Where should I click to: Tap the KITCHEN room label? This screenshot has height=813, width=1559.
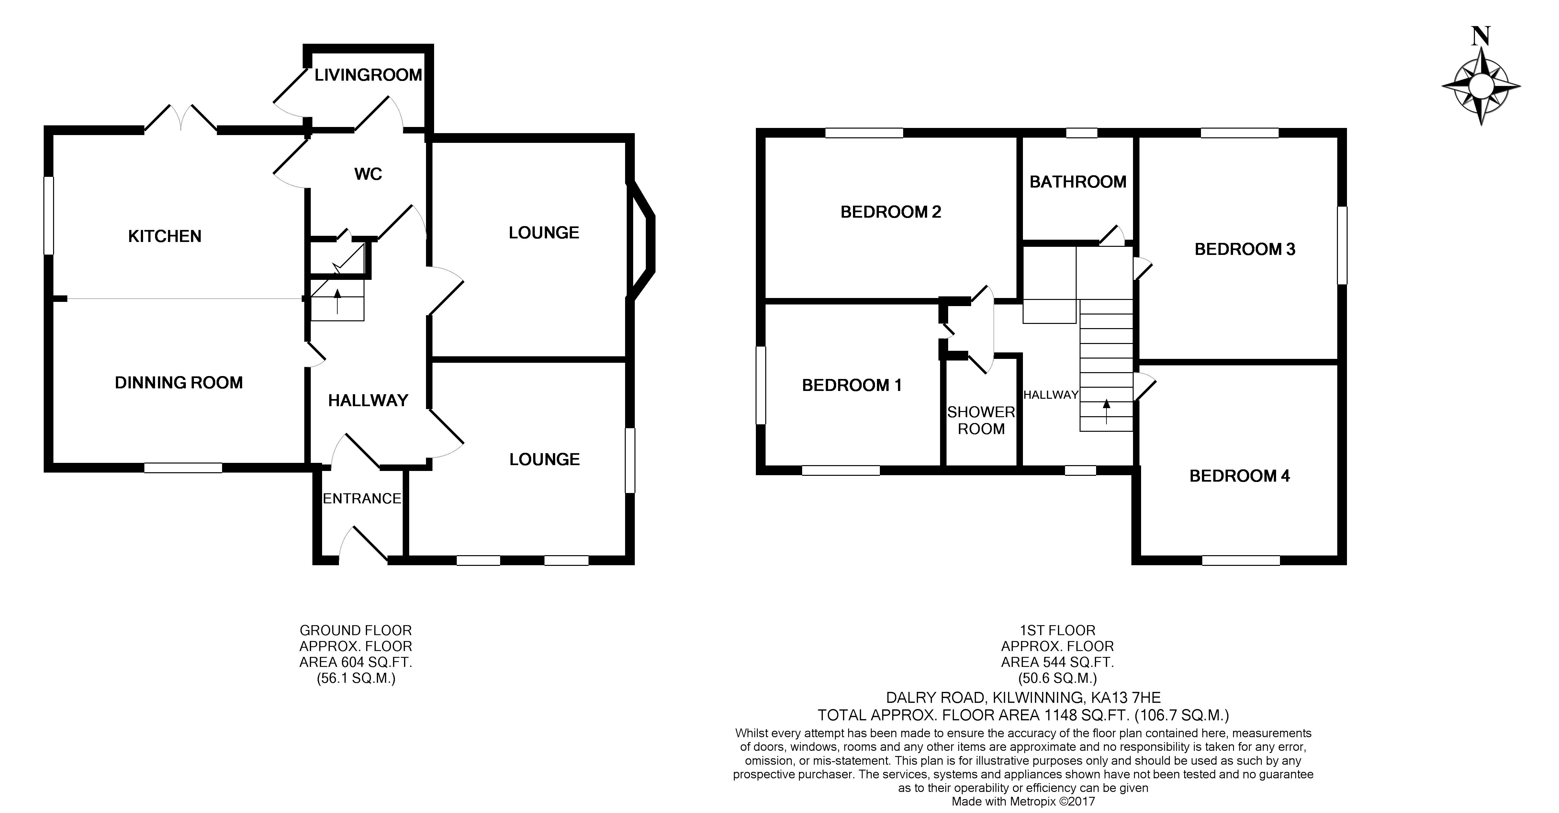[165, 236]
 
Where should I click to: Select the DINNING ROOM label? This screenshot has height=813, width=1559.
[179, 383]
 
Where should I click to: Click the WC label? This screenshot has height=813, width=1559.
[368, 174]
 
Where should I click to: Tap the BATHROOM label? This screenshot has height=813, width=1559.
[1078, 182]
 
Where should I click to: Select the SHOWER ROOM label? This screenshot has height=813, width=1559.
[981, 420]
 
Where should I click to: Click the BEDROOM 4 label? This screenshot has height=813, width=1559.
[1239, 476]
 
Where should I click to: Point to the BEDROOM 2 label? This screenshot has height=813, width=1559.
[891, 212]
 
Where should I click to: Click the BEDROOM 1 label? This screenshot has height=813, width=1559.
[851, 385]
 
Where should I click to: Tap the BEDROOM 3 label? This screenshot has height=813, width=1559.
[1245, 249]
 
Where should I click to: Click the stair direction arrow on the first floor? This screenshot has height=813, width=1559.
[1106, 412]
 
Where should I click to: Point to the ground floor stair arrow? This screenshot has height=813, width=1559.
[337, 301]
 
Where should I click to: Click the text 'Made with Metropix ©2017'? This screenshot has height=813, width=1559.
[1023, 801]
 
